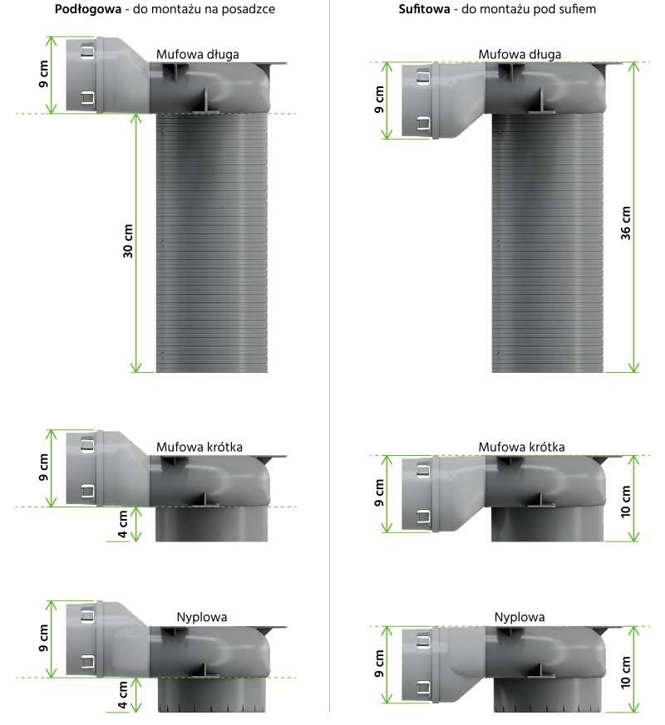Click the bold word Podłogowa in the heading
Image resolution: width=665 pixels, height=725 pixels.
(x=88, y=9)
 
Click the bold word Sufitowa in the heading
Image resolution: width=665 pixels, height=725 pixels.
(x=424, y=9)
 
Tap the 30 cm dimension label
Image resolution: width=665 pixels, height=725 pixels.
(x=128, y=241)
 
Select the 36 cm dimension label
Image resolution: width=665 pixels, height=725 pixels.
(x=625, y=223)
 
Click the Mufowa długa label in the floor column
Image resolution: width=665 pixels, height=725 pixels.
(x=198, y=54)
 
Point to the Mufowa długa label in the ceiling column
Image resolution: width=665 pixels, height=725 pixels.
(x=520, y=54)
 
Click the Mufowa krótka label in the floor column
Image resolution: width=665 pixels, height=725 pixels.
(x=199, y=447)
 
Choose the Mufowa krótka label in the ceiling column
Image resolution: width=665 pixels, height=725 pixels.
(x=521, y=447)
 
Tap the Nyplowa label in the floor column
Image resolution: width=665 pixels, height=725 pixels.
(x=202, y=617)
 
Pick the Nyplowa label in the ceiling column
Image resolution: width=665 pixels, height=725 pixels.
(x=520, y=617)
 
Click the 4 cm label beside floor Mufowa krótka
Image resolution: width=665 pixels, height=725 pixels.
(x=123, y=524)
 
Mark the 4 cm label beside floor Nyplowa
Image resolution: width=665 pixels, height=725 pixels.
(x=123, y=695)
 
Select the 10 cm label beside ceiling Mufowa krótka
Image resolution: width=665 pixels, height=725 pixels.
(x=625, y=502)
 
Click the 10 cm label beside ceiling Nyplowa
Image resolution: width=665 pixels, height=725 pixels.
(x=625, y=673)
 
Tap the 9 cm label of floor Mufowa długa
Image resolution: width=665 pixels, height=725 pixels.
(x=43, y=74)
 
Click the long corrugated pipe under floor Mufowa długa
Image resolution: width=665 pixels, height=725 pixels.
(x=212, y=242)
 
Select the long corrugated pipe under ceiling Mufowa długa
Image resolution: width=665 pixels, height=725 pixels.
(x=548, y=242)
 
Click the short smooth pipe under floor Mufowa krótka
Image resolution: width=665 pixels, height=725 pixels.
(x=211, y=524)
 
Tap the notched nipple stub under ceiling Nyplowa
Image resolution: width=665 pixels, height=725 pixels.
(x=548, y=695)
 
